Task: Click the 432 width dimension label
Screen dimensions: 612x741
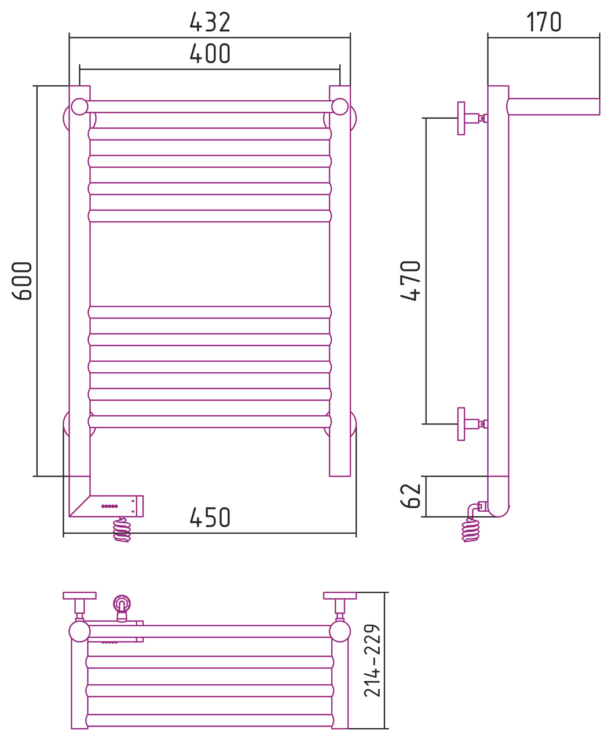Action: pyautogui.click(x=210, y=23)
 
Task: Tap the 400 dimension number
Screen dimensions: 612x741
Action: pyautogui.click(x=210, y=54)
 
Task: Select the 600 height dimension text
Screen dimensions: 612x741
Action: pyautogui.click(x=22, y=281)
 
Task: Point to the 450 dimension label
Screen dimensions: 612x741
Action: pyautogui.click(x=210, y=518)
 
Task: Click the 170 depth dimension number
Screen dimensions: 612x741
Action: pyautogui.click(x=544, y=22)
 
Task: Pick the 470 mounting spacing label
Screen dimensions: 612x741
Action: pyautogui.click(x=411, y=281)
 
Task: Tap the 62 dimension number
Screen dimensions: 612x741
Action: pyautogui.click(x=411, y=496)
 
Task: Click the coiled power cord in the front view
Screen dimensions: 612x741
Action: pyautogui.click(x=122, y=530)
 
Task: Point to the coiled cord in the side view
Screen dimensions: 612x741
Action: pyautogui.click(x=471, y=530)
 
